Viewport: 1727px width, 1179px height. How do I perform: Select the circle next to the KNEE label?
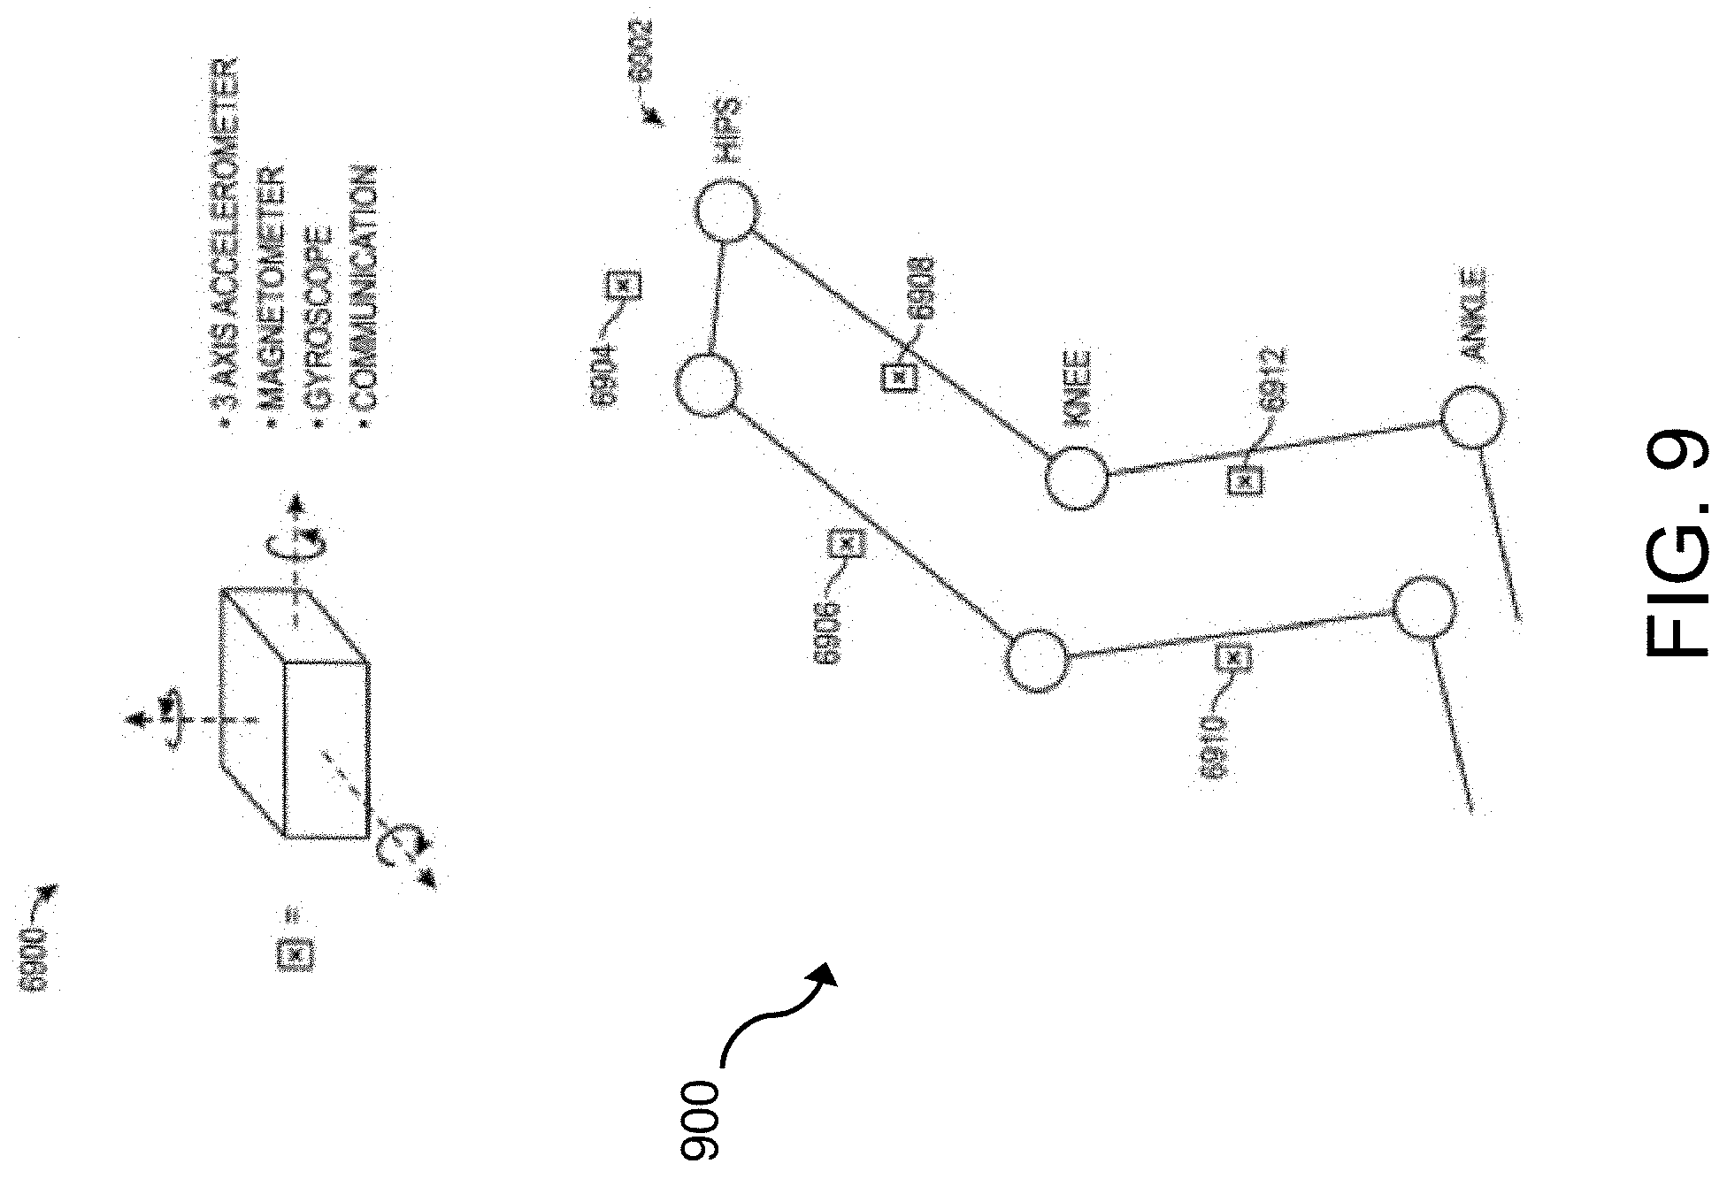[x=1076, y=478]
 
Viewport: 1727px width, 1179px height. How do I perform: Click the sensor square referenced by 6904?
[x=625, y=286]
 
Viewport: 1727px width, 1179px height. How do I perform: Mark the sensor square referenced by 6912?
[x=1247, y=480]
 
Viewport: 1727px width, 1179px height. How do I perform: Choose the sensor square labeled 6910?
[x=1235, y=657]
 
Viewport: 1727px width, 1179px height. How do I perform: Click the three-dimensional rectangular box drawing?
[x=295, y=715]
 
